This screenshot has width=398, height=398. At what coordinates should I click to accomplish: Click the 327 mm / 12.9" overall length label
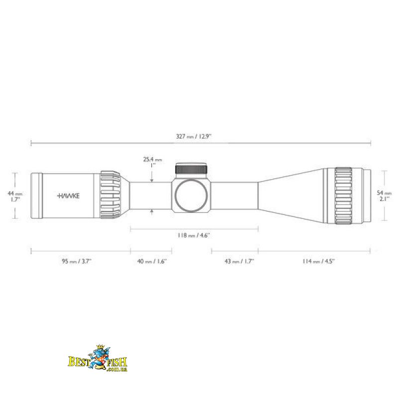click(194, 136)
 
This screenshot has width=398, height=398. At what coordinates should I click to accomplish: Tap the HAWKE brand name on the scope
click(68, 196)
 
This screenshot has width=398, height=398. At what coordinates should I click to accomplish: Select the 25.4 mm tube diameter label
click(152, 163)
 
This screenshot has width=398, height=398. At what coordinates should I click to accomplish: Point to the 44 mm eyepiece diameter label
click(15, 197)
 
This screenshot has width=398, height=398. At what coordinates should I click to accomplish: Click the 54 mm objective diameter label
click(384, 196)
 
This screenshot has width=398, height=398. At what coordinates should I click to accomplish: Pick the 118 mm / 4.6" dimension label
click(194, 235)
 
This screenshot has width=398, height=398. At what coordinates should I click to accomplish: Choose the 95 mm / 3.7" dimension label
click(77, 261)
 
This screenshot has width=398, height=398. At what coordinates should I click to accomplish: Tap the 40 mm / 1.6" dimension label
click(152, 261)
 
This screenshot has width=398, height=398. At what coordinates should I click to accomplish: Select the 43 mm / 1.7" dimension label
click(239, 261)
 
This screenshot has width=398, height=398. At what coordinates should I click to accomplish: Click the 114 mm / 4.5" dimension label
click(318, 261)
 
